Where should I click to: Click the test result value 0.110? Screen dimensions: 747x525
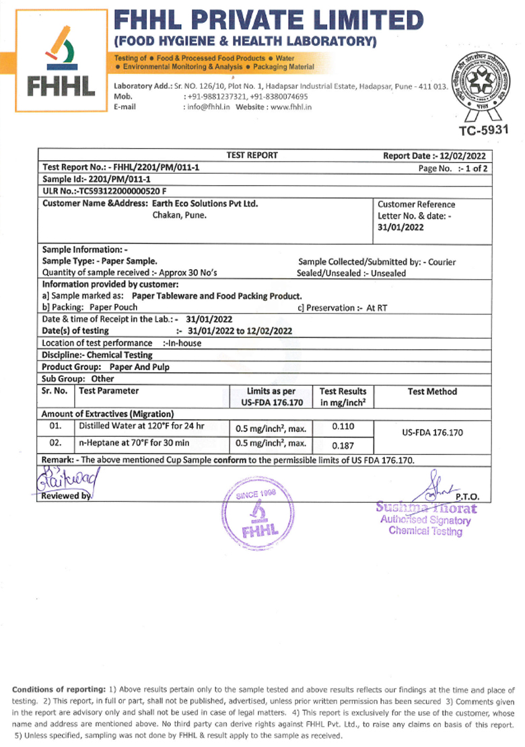tap(343, 427)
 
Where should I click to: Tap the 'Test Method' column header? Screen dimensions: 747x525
tap(432, 392)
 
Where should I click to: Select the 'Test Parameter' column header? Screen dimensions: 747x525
tap(109, 391)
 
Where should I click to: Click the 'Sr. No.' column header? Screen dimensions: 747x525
tap(55, 391)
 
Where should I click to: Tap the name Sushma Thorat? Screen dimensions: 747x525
tap(426, 508)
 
